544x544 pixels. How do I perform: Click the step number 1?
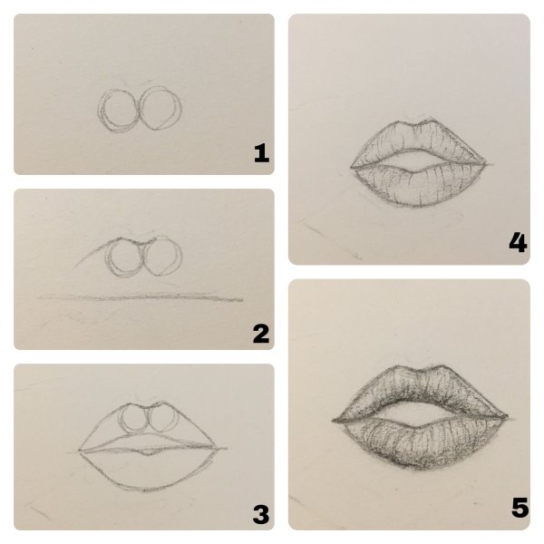tap(261, 153)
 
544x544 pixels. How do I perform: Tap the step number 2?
tap(261, 334)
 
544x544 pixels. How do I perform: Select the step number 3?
tap(261, 514)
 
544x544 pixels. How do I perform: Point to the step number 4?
tap(518, 242)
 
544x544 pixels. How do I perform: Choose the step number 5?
tap(520, 507)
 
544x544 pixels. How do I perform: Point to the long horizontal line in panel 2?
tap(141, 297)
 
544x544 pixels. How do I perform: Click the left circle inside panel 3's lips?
tap(119, 420)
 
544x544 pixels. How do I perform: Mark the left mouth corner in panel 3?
tap(80, 451)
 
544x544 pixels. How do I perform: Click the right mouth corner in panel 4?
tap(486, 164)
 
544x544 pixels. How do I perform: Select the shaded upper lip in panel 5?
tap(420, 389)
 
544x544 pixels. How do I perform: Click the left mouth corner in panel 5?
tap(334, 422)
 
